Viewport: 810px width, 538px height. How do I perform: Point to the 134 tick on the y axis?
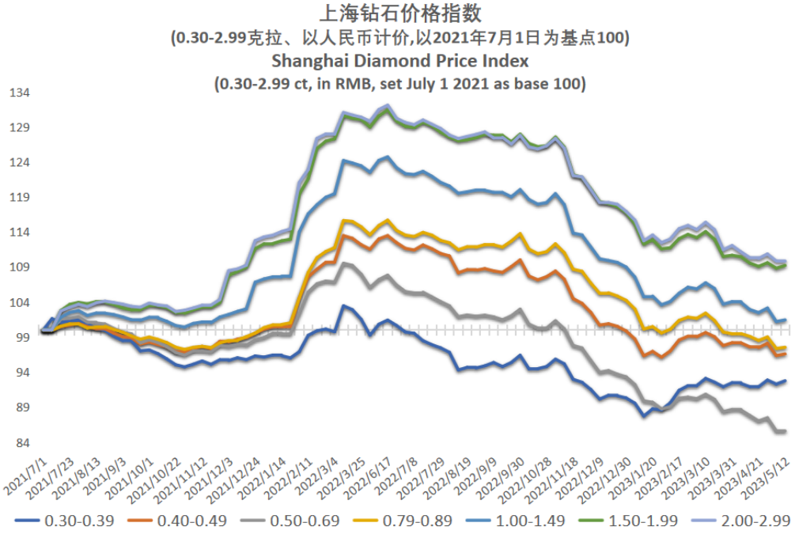coord(19,93)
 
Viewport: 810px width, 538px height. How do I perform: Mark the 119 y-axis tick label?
coord(19,198)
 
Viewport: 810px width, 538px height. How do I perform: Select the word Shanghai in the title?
coord(305,60)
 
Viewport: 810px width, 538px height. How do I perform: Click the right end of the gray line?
coord(784,431)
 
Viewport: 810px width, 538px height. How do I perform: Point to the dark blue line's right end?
coord(785,381)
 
